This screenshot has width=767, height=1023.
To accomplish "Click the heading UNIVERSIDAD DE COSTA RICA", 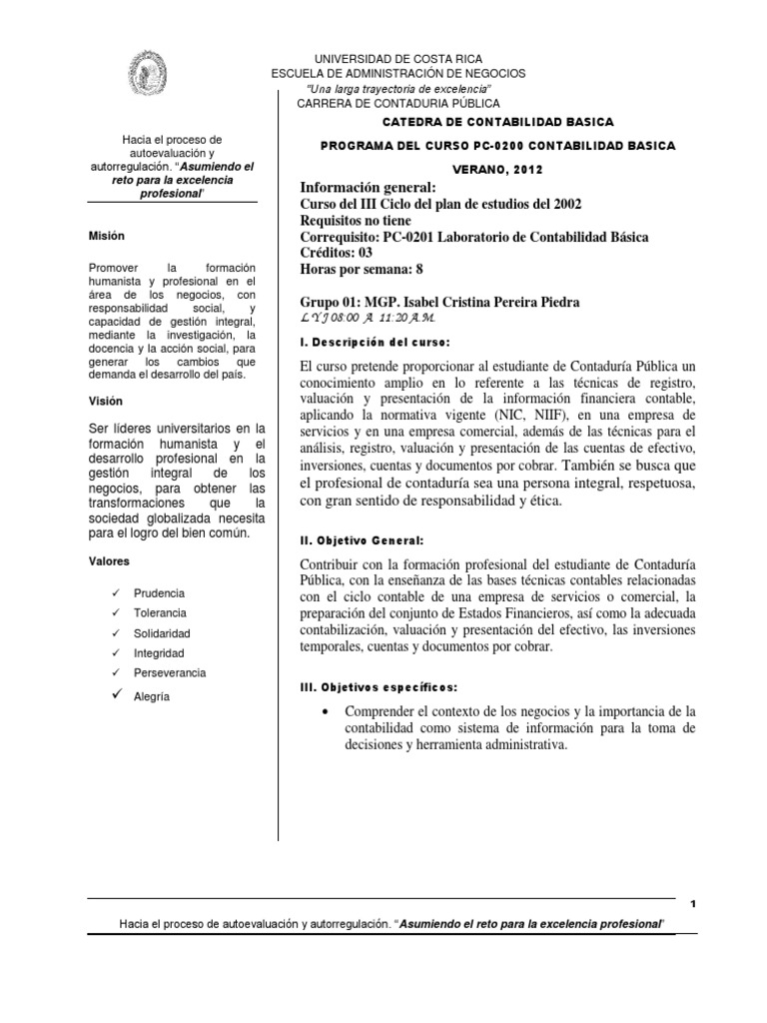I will tap(398, 60).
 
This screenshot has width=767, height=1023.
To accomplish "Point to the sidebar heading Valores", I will tap(108, 561).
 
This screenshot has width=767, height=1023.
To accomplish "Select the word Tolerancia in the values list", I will tap(160, 612).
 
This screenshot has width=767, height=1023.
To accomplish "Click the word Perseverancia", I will tap(170, 672).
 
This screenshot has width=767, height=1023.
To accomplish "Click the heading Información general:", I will tap(369, 188).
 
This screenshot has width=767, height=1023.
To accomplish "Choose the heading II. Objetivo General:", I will tap(363, 539).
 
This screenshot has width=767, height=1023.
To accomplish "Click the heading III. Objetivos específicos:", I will tap(380, 687).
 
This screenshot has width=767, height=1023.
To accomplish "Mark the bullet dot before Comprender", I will tap(328, 710).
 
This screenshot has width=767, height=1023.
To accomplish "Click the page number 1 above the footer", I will tap(692, 903).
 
